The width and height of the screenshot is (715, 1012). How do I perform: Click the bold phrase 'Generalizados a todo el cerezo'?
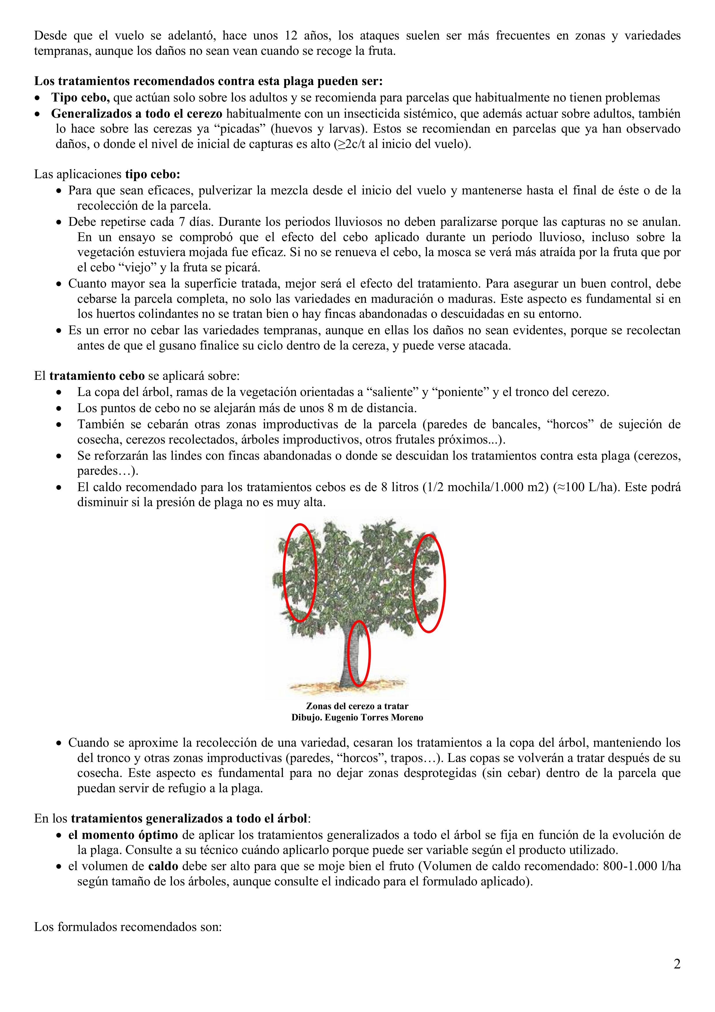137,113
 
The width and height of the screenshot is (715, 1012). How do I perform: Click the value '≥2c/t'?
351,144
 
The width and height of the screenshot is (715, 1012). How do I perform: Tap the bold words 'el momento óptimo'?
123,835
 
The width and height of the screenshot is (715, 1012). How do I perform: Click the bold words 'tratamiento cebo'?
97,376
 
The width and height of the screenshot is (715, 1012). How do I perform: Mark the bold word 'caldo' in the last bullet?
163,866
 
